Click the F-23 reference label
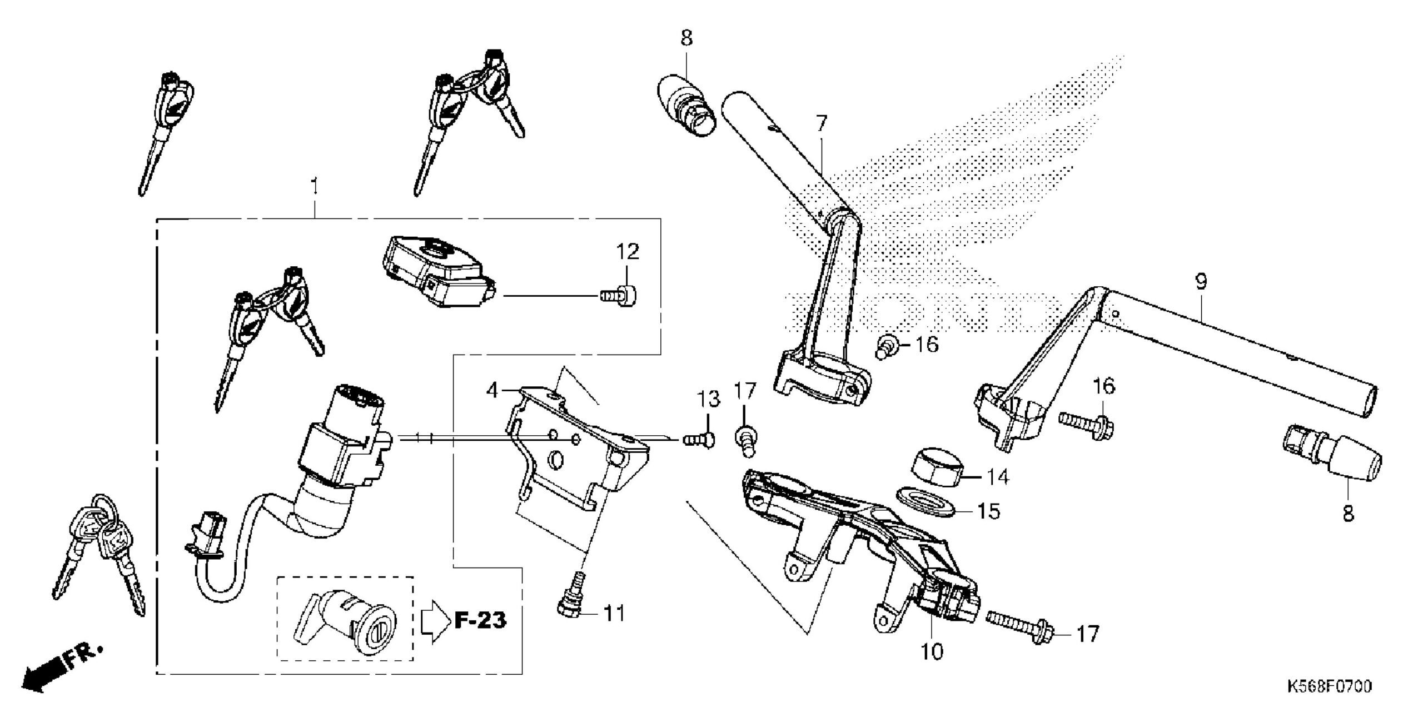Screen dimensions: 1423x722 point(480,620)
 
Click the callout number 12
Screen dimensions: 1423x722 point(627,252)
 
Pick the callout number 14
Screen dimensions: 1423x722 point(997,476)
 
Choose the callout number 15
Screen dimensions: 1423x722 point(988,511)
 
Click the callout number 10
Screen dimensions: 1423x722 point(932,651)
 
